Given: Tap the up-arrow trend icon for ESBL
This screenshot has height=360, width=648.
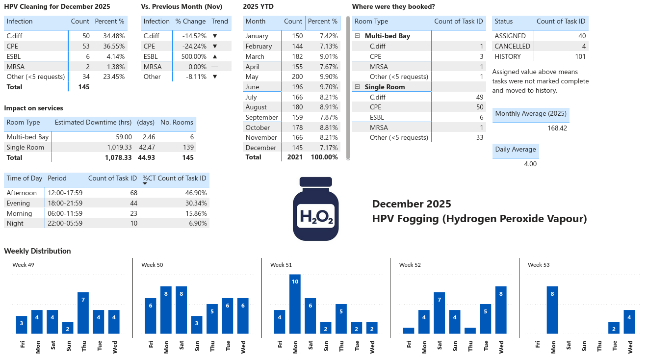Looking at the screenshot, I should [x=214, y=56].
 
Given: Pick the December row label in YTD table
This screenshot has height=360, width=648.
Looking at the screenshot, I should [x=260, y=148].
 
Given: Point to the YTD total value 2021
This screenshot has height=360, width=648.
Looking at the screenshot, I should [x=295, y=157].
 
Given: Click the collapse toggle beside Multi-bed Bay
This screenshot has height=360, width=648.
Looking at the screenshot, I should [x=357, y=36].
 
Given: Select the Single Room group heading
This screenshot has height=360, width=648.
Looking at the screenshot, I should [x=385, y=87].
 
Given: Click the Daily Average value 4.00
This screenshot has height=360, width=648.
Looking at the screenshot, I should [x=530, y=164].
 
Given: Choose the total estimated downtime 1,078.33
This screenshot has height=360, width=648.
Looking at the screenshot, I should [x=118, y=157].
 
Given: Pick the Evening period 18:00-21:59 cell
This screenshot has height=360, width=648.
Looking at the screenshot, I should [x=65, y=203].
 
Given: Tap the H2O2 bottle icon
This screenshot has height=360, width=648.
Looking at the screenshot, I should [x=315, y=209].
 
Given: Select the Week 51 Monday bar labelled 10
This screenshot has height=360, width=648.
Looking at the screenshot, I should [x=295, y=304].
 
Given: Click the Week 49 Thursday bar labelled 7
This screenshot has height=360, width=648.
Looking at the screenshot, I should [x=83, y=312].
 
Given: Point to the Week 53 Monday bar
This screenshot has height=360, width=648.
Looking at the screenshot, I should [x=553, y=310].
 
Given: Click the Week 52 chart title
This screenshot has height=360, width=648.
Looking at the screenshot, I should [x=410, y=265].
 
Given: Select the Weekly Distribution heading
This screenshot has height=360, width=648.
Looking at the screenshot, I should [x=37, y=251].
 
